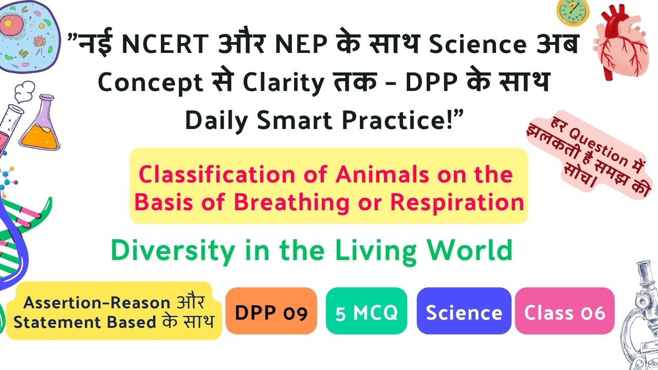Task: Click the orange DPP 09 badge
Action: coord(271,311)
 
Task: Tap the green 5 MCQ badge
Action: coord(367,311)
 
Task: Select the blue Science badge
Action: coord(464,311)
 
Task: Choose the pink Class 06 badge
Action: coord(564,311)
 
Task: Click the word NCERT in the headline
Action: coord(165,44)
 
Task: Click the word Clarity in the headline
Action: coord(283,83)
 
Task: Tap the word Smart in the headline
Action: coord(295,120)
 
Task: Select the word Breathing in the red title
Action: coord(291,202)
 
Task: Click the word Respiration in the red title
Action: coord(457,202)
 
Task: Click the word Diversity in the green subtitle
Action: coord(173,250)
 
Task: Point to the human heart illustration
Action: coord(620,43)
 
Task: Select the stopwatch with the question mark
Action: coord(573,11)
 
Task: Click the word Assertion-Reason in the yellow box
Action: coord(97,303)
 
